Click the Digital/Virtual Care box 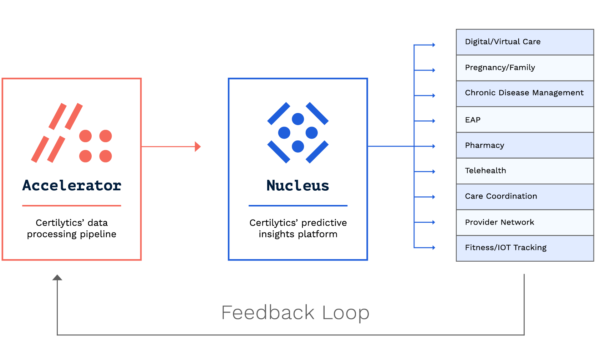coord(524,42)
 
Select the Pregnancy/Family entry coord(524,68)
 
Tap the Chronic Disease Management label coord(524,93)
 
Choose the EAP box coord(524,120)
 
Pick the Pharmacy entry coord(524,145)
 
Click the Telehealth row coord(524,171)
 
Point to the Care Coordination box coord(524,196)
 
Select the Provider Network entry coord(524,222)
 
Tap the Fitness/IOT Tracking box coord(524,248)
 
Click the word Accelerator coord(72,185)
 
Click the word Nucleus coord(298,186)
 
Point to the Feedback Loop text coord(295,313)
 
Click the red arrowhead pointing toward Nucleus coord(198,146)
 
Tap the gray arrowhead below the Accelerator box coord(57,277)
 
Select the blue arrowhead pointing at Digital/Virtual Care coord(433,45)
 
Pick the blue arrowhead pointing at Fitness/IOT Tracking coord(433,247)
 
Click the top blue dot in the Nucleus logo coord(298,119)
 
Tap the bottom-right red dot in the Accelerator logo coord(106,156)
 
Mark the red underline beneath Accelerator coord(72,206)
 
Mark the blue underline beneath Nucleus coord(298,206)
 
